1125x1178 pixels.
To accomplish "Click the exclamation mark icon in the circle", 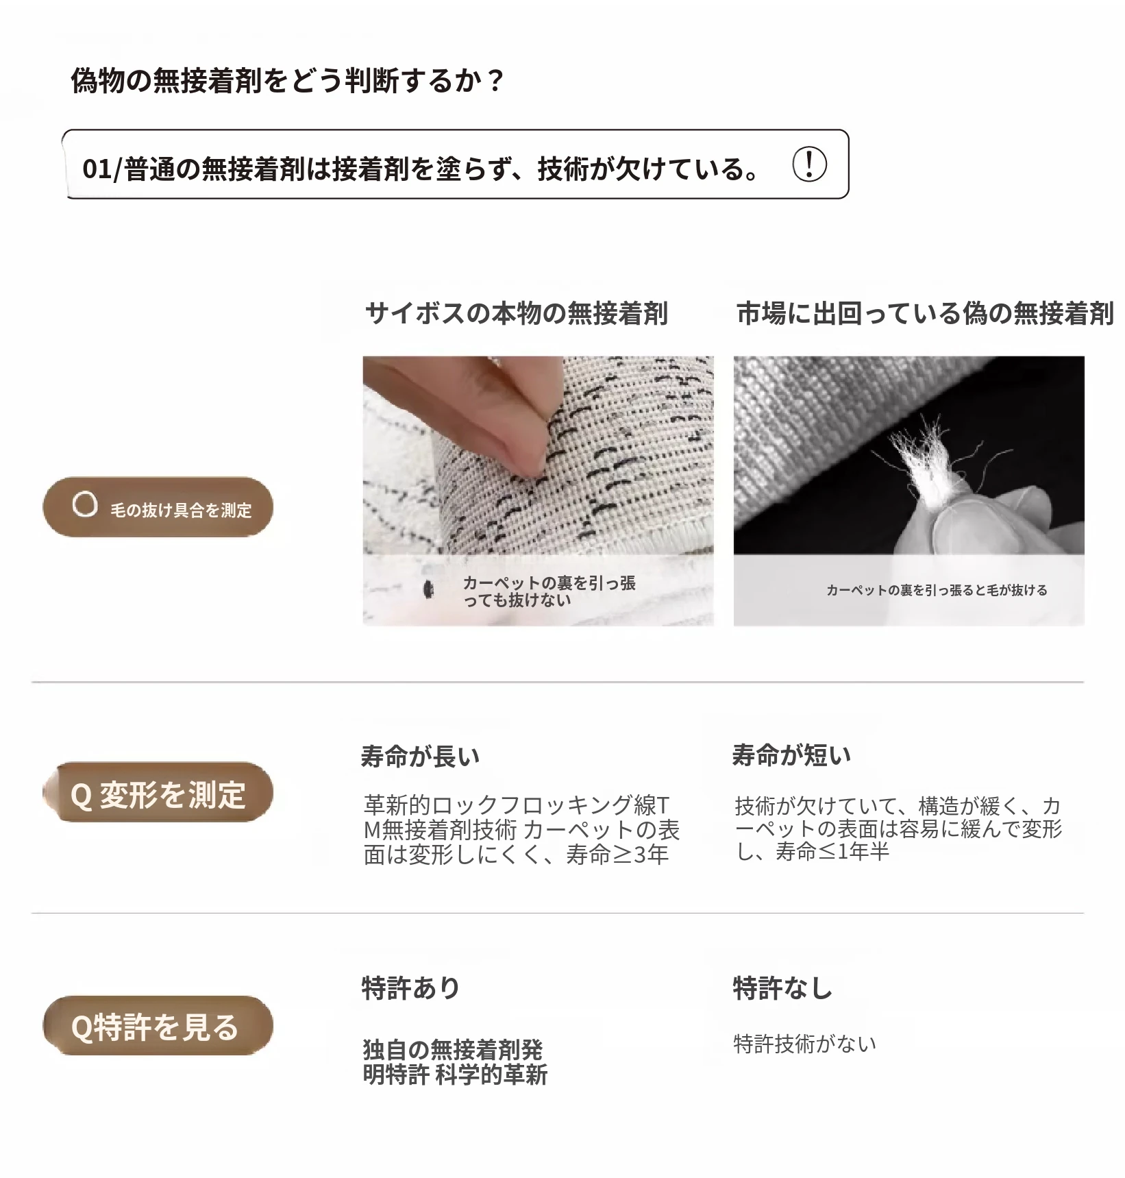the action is pyautogui.click(x=809, y=164).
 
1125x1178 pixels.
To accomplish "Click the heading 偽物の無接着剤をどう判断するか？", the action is pyautogui.click(x=288, y=81).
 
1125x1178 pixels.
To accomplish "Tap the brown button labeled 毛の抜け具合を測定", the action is pyautogui.click(x=158, y=507).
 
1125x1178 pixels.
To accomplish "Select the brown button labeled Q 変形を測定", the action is pyautogui.click(x=158, y=793).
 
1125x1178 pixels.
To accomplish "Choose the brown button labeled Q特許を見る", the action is pyautogui.click(x=158, y=1026).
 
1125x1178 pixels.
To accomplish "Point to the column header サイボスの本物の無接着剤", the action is pyautogui.click(x=517, y=313).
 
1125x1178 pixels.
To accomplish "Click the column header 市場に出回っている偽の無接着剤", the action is pyautogui.click(x=925, y=313).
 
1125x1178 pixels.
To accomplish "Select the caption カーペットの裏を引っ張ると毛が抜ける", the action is pyautogui.click(x=937, y=590).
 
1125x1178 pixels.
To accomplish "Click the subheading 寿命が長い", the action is pyautogui.click(x=421, y=756).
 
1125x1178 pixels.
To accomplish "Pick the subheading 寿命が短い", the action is pyautogui.click(x=792, y=754).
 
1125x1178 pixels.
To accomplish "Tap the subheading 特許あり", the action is pyautogui.click(x=410, y=987).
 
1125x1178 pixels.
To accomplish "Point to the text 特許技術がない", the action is pyautogui.click(x=805, y=1044).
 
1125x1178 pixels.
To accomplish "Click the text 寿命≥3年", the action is pyautogui.click(x=617, y=855).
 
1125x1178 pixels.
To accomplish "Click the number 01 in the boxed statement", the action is pyautogui.click(x=97, y=169).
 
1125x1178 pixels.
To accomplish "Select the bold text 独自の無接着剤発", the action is pyautogui.click(x=453, y=1049).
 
